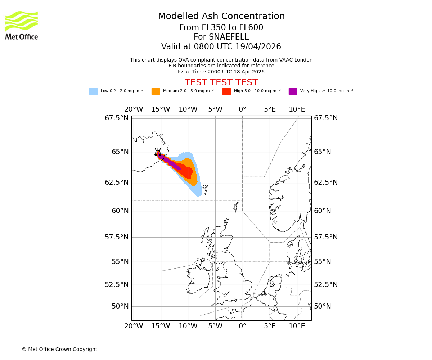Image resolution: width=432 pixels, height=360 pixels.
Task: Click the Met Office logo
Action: pos(22,25)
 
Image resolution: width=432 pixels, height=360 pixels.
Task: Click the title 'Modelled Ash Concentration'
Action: pos(221,17)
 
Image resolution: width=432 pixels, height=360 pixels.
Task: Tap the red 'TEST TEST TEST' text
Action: pos(221,82)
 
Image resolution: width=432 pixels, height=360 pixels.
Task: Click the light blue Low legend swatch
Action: pos(93,91)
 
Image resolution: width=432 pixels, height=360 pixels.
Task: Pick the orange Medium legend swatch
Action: pos(156,91)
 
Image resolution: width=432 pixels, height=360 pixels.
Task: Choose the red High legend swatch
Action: pos(226,91)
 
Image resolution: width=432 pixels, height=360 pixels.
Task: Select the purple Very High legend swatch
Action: pos(293,91)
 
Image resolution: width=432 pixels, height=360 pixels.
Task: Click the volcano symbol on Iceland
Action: pos(158,152)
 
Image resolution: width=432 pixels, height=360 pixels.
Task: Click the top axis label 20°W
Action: pos(134,109)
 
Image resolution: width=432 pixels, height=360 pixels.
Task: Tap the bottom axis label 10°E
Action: pos(297,326)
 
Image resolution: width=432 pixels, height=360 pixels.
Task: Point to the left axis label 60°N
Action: pos(120,211)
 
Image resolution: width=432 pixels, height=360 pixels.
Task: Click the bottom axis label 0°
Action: pos(242,326)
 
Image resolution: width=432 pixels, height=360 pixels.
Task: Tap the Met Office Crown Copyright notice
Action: pos(59,349)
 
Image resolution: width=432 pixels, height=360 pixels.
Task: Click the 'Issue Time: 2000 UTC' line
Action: pos(221,72)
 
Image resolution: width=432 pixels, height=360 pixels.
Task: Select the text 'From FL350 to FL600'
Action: pos(221,28)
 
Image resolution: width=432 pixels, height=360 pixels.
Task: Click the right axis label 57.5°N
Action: pos(326,237)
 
